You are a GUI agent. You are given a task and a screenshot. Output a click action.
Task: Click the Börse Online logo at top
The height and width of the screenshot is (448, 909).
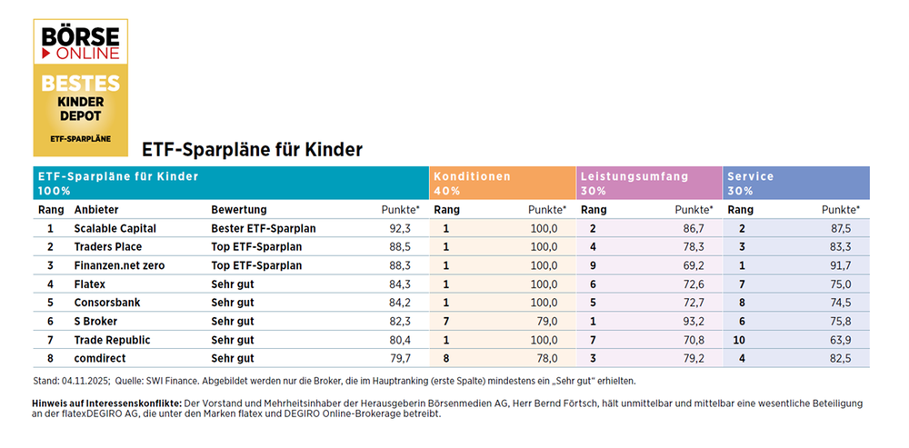coord(80,44)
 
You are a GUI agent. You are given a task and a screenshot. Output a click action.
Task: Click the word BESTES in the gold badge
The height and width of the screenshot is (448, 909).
coord(80,83)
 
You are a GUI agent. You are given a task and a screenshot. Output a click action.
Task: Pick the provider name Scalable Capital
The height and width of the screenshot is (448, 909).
coord(115,228)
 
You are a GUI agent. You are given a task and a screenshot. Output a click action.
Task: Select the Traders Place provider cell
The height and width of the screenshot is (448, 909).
coord(108,246)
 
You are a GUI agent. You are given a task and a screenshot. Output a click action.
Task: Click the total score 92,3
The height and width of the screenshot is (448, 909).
coord(400,228)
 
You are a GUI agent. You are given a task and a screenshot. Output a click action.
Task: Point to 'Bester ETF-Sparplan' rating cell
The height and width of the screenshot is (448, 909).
coord(263,228)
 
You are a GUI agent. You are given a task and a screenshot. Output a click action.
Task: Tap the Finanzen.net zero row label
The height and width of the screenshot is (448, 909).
coord(119,265)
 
